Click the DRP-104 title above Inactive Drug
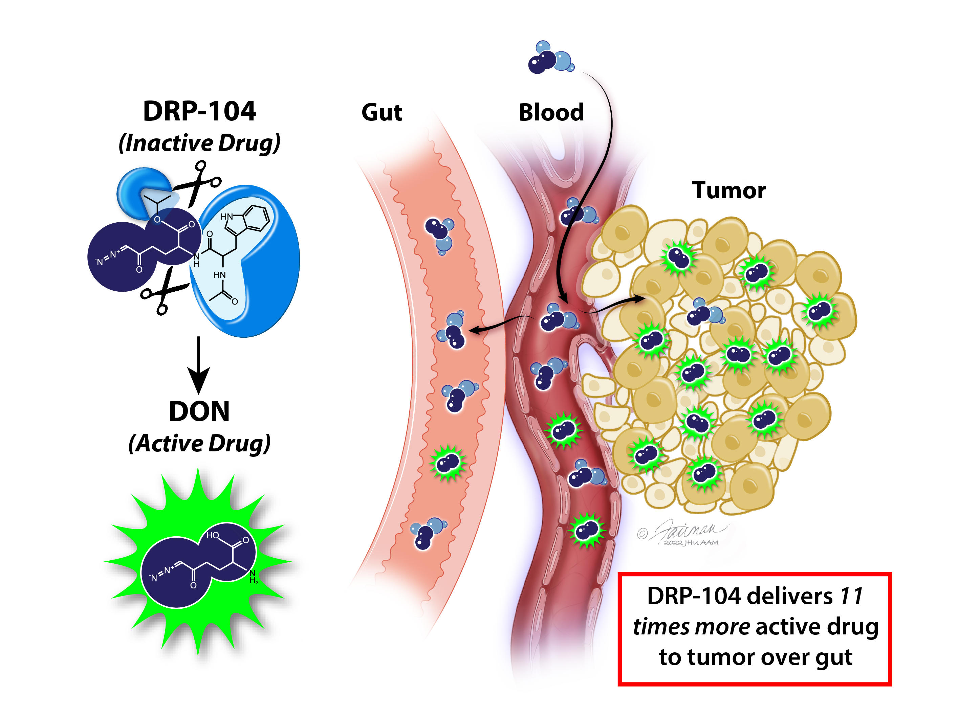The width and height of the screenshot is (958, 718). (x=199, y=111)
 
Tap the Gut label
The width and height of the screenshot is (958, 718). (x=382, y=113)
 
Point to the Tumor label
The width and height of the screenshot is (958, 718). (x=728, y=190)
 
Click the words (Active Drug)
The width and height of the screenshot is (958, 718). (x=199, y=444)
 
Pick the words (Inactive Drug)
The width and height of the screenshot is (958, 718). (x=199, y=143)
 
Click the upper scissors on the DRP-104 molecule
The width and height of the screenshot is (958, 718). (x=197, y=184)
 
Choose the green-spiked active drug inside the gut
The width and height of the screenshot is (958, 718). (x=448, y=463)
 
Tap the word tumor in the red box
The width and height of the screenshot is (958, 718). (x=721, y=657)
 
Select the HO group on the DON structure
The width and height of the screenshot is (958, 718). (x=213, y=535)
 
